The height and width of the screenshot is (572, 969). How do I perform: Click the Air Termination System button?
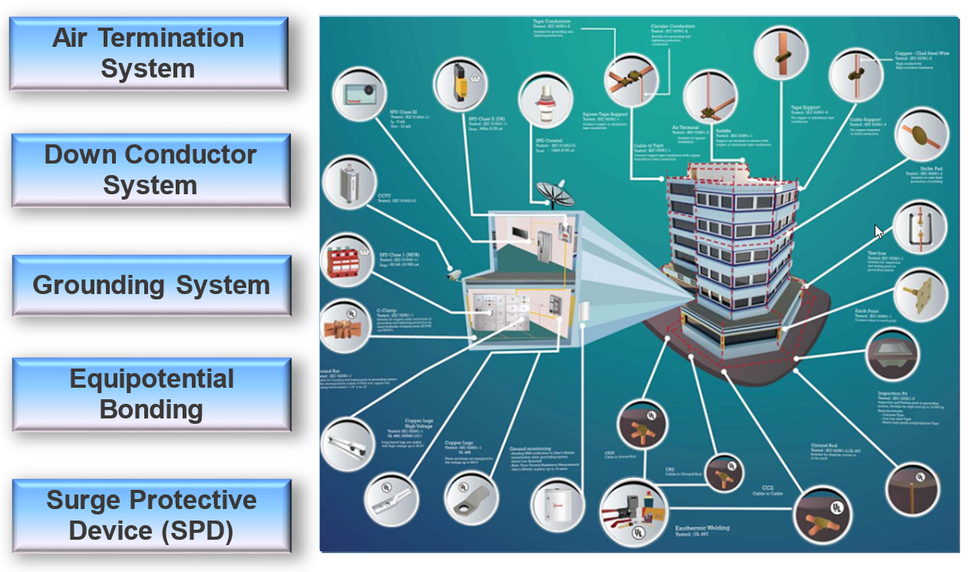pos(148,53)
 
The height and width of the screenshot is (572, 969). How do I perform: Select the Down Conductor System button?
pos(150,170)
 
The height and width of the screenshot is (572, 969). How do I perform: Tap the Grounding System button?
pos(151,286)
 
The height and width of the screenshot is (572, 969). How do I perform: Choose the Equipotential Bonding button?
pos(151,394)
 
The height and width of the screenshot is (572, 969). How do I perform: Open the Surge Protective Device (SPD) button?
pos(151,515)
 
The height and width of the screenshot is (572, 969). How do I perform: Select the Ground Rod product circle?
pos(911,488)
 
